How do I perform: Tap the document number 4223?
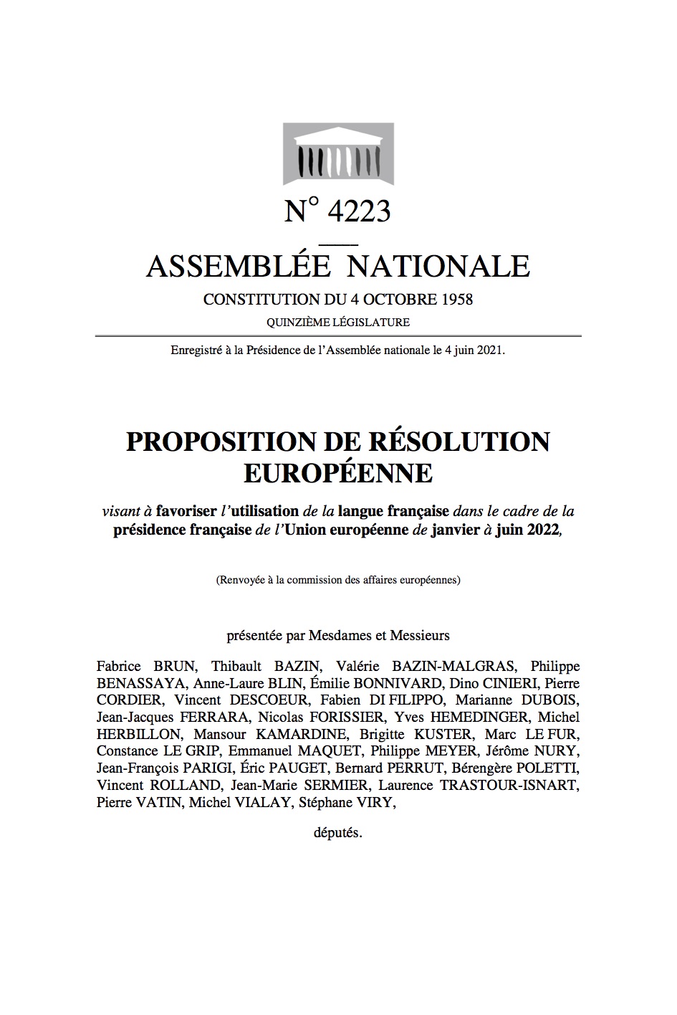point(358,211)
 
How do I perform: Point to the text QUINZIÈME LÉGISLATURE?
point(338,323)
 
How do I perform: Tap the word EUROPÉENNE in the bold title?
point(338,473)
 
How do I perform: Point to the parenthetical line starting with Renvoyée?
point(338,580)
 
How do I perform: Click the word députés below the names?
point(338,834)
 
